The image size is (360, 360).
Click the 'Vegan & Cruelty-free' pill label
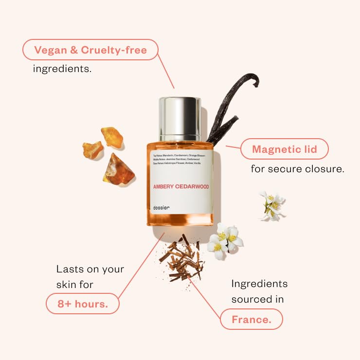[x=90, y=50]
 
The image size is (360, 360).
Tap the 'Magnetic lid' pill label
[x=285, y=149]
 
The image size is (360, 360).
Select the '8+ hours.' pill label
[x=82, y=304]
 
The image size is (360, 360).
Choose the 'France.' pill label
[x=251, y=320]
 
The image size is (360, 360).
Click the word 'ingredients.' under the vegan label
[x=62, y=69]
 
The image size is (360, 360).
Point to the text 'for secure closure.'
[x=298, y=169]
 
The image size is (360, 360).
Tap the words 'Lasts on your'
[x=90, y=269]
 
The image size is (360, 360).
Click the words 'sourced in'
[x=257, y=299]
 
